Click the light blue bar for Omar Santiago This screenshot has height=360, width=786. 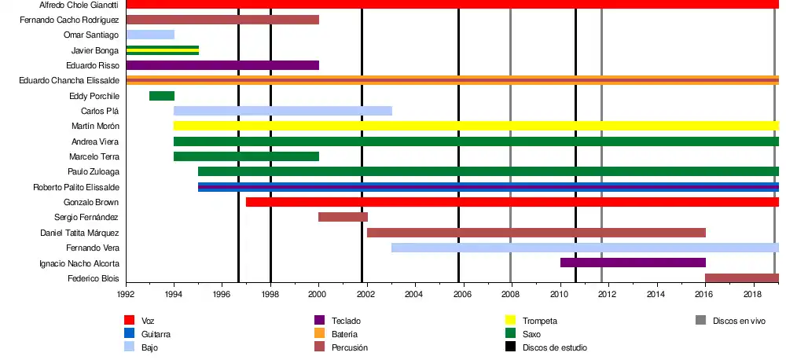point(150,35)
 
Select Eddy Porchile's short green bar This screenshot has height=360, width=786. point(162,96)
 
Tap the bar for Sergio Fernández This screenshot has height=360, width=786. point(343,217)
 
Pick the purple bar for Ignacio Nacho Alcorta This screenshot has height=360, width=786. point(633,263)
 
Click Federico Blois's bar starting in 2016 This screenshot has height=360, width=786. point(742,278)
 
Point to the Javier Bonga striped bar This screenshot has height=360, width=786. point(163,50)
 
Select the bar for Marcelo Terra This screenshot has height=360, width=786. point(246,156)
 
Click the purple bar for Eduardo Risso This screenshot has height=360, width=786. point(222,65)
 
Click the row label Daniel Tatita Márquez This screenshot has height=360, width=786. point(79,233)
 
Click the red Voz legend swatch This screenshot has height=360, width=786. point(130,321)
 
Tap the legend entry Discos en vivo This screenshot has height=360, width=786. point(739,321)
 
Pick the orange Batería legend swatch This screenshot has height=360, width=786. point(319,334)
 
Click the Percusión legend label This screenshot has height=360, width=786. point(350,347)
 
